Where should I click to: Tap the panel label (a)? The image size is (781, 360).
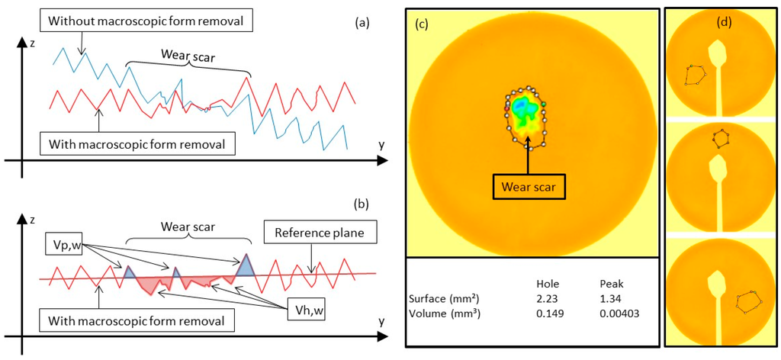(x=362, y=23)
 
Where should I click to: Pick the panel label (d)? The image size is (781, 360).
(x=724, y=22)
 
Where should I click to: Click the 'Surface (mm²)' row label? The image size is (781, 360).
(x=445, y=297)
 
